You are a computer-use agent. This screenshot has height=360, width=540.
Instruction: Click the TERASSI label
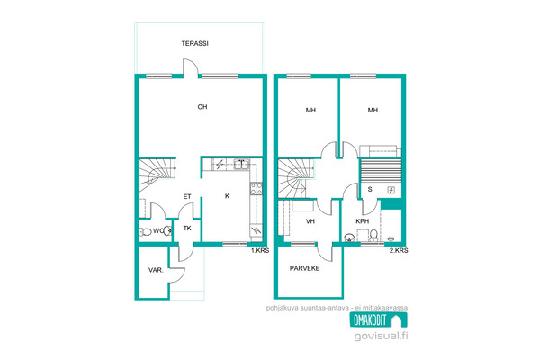click(x=195, y=44)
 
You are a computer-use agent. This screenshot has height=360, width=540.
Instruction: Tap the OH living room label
click(x=202, y=107)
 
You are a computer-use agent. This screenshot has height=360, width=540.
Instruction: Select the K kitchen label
click(x=228, y=196)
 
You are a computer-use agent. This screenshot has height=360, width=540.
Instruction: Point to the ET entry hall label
click(x=187, y=197)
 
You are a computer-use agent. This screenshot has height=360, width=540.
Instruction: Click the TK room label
click(x=187, y=228)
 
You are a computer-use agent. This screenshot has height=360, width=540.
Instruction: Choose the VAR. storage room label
click(x=156, y=270)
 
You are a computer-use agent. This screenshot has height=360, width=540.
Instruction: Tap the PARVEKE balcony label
click(x=305, y=268)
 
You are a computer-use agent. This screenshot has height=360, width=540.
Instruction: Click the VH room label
click(x=310, y=221)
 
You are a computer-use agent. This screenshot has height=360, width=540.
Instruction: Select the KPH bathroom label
click(x=363, y=221)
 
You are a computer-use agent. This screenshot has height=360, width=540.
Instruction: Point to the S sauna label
click(x=370, y=189)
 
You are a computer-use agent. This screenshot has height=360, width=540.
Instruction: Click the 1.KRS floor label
click(x=260, y=251)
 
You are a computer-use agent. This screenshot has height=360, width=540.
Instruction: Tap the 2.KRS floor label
click(x=399, y=251)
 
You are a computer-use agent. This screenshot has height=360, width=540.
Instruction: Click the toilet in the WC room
click(x=146, y=231)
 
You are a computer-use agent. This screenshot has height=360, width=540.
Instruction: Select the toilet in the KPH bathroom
click(x=373, y=236)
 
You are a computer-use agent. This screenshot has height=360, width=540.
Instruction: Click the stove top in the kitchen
click(x=256, y=189)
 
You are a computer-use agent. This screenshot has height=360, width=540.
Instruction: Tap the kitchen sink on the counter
click(x=241, y=164)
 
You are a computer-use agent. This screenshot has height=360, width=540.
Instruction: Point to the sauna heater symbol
click(x=391, y=190)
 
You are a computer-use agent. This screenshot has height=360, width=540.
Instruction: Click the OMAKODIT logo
click(x=379, y=320)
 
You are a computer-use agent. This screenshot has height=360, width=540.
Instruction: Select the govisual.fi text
click(x=382, y=336)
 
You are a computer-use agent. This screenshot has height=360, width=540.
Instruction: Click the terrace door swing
click(x=191, y=67)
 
